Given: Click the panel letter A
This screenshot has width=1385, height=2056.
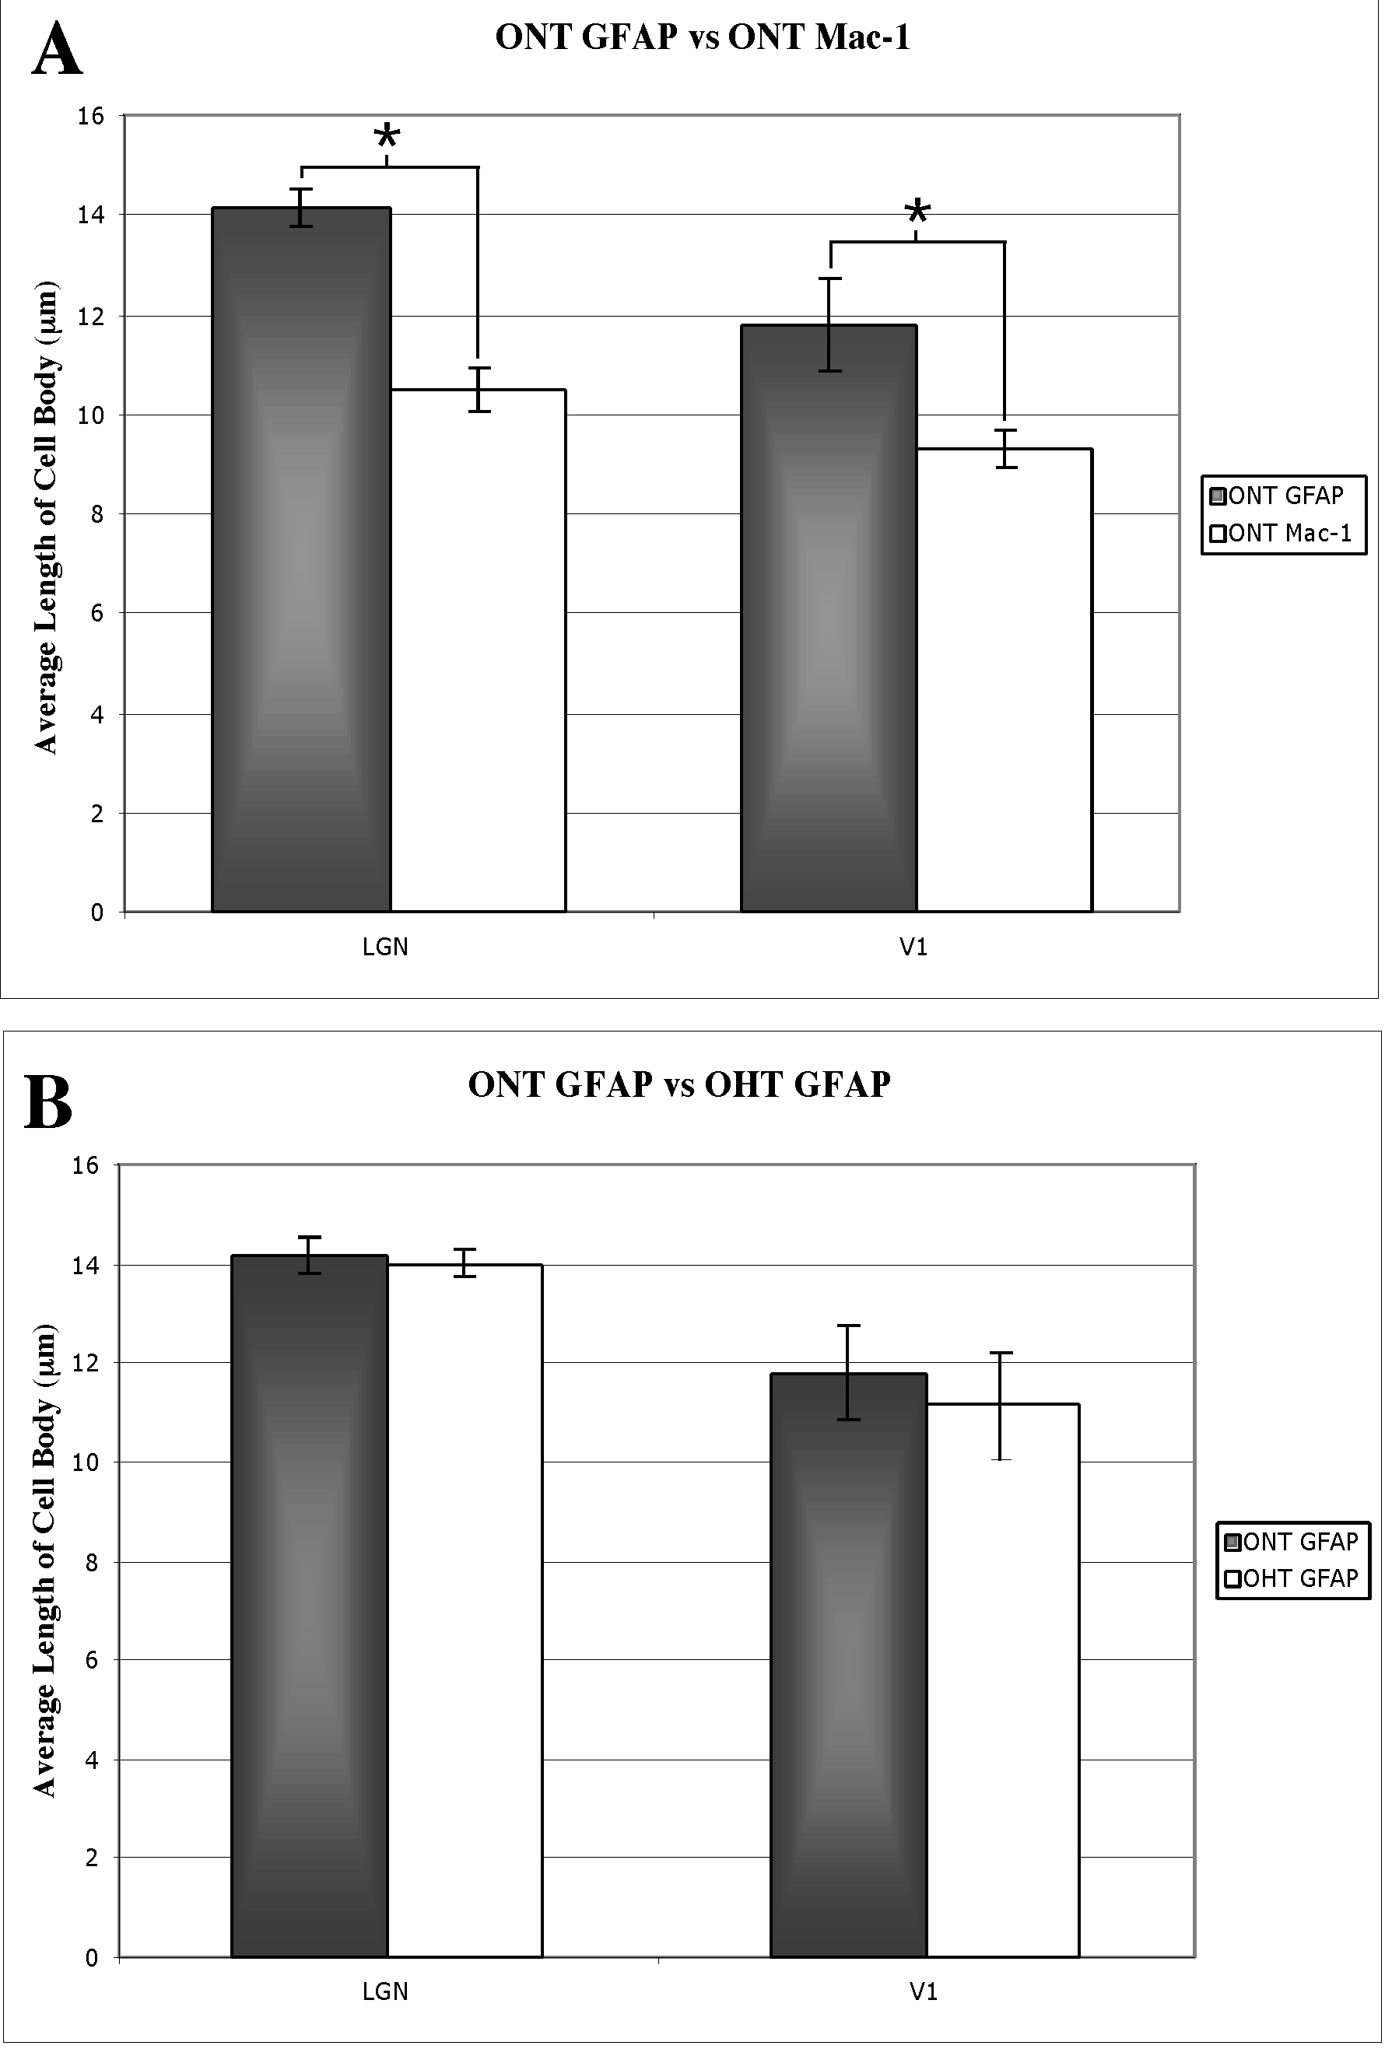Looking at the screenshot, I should point(57,50).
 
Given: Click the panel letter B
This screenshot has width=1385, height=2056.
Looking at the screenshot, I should point(47,1102).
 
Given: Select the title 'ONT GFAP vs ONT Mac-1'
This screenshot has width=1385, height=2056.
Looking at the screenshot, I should point(702,38).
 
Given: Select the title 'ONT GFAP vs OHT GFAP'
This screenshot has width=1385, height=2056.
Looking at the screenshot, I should point(679,1084).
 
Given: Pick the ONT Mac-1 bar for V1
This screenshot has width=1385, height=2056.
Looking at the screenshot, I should point(1005,680).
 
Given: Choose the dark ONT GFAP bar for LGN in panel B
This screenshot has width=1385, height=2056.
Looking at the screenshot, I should point(309,1607).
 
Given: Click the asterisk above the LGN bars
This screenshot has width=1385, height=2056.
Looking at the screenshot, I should point(387,138).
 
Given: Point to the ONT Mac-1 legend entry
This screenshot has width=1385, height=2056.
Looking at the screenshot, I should point(1282,534).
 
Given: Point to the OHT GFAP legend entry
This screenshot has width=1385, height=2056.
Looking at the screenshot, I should point(1292,1578).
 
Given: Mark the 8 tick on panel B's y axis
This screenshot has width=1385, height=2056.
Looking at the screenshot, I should point(92,1562).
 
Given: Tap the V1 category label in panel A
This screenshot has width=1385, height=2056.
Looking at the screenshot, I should point(913,947).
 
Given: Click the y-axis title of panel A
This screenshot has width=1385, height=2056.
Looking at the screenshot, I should point(45,517).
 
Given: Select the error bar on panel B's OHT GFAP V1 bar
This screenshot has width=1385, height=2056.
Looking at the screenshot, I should point(1001,1406).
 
